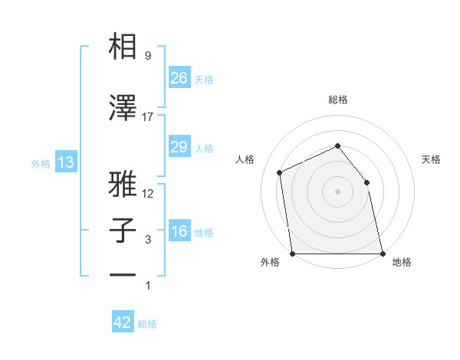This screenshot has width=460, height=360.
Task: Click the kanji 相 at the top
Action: tap(123, 47)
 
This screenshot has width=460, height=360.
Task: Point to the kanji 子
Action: tap(123, 231)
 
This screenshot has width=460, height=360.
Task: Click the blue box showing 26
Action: tap(179, 78)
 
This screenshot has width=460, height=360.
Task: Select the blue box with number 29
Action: tap(179, 147)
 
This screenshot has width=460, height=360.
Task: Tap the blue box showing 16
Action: tap(179, 231)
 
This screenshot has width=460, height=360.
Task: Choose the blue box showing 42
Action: tap(123, 322)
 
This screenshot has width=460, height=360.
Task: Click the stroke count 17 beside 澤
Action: tap(148, 117)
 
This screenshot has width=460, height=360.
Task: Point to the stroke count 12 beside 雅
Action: tap(148, 194)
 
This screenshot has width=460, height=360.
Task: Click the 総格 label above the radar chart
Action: tap(337, 100)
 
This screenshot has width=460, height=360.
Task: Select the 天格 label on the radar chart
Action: tap(431, 159)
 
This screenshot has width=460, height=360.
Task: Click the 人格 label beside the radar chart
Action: tap(245, 159)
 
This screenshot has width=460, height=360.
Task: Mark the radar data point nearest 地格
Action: tap(382, 254)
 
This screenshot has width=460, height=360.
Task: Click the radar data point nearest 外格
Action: tap(293, 254)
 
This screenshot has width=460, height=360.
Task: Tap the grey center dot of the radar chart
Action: tap(337, 191)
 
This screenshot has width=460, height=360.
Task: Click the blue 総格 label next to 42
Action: tap(147, 324)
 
